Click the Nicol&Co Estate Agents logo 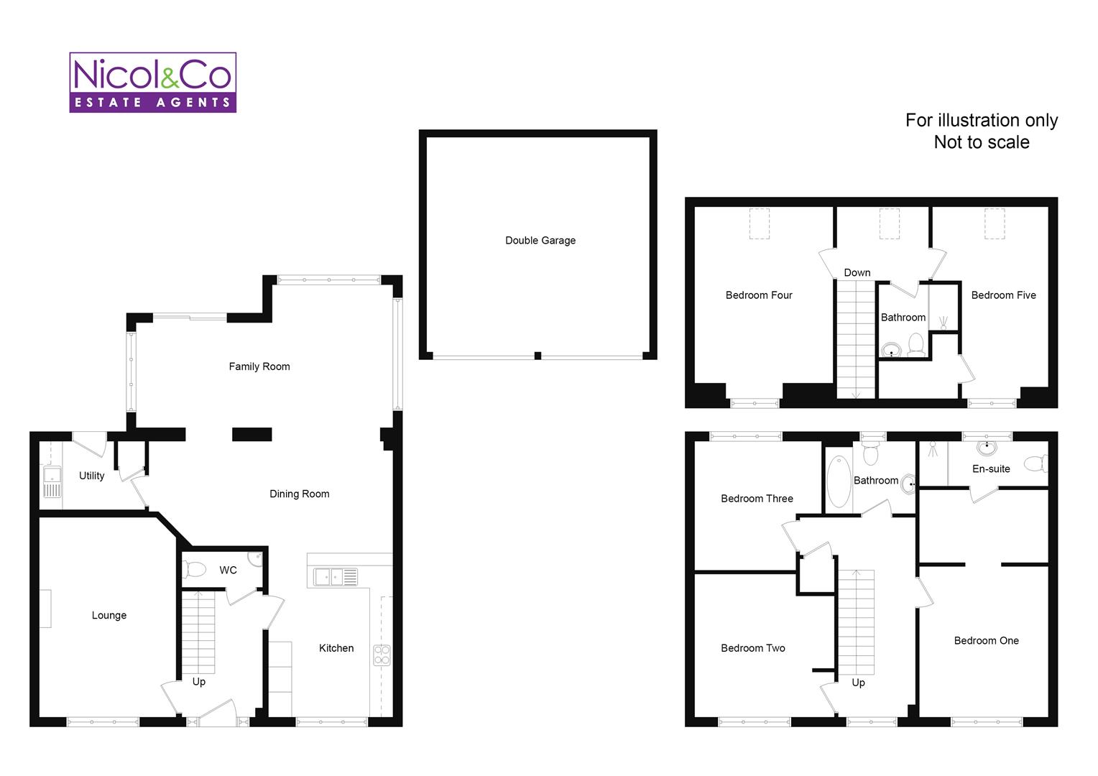coord(153,83)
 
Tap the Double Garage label coord(540,240)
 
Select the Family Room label coord(259,366)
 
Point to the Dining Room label coord(300,494)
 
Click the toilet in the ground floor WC coord(195,570)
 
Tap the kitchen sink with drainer coord(336,576)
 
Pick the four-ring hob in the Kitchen coord(382,655)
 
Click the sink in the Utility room coord(52,482)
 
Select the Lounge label coord(109,615)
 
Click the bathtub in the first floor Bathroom coord(839,481)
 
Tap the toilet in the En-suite coord(1036,463)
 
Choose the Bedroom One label coord(986,640)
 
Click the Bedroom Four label coord(759,295)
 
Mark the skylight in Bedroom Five coord(995,223)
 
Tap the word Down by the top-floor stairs coord(857,272)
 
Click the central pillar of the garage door coord(538,356)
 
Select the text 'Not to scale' coord(982,142)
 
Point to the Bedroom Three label coord(757,499)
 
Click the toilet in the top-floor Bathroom coord(916,343)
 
